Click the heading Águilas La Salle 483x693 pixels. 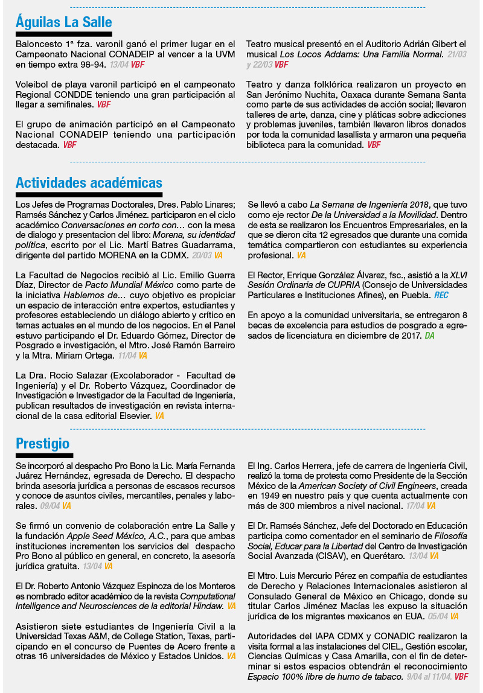pos(63,22)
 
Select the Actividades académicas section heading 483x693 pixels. pos(89,183)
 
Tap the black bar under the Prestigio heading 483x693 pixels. pos(44,455)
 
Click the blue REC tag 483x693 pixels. pos(441,295)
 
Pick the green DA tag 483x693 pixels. pos(429,335)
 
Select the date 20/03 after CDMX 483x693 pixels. pos(202,255)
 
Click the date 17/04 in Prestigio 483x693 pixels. pos(415,506)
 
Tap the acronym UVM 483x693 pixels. pos(225,54)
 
